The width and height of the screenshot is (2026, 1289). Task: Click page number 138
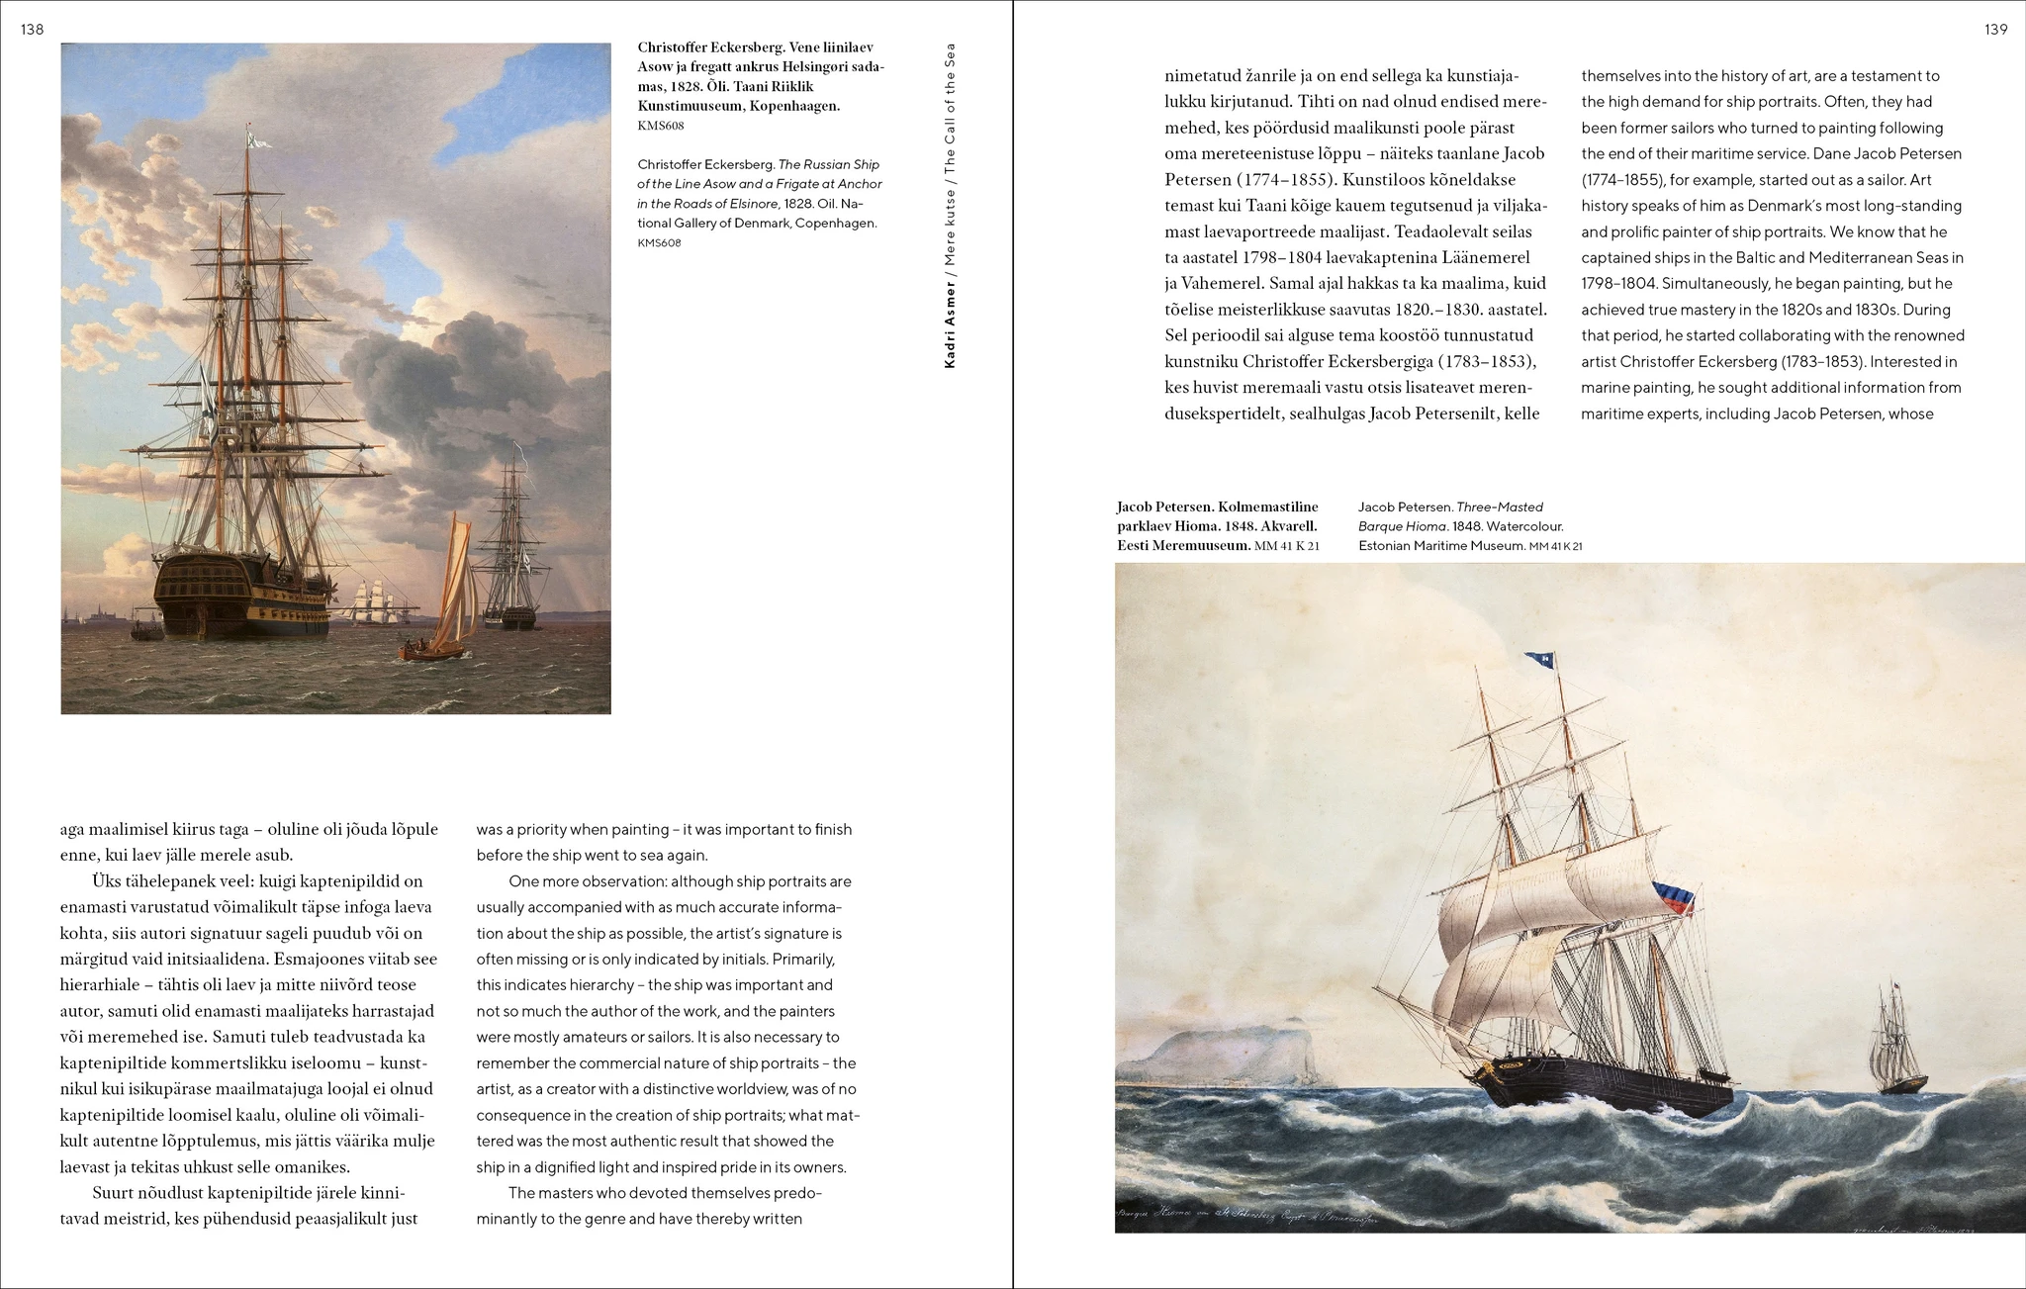[x=33, y=30]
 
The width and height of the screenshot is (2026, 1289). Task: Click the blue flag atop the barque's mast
[x=1538, y=658]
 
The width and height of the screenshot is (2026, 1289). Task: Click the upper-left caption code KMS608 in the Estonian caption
[x=661, y=126]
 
